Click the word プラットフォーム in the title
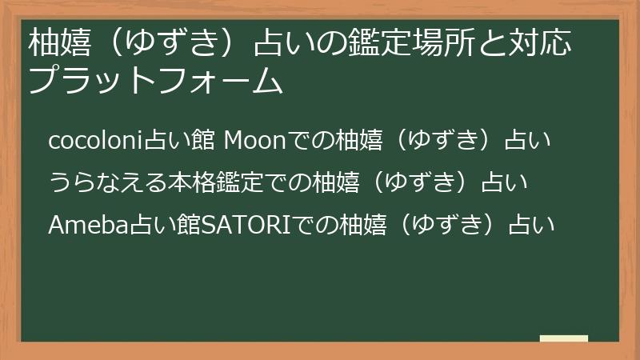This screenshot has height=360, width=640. (155, 81)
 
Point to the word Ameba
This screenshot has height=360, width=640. (89, 225)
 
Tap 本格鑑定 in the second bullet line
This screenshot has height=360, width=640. (214, 182)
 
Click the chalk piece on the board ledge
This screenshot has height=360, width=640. (564, 338)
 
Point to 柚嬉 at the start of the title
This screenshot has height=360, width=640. (59, 42)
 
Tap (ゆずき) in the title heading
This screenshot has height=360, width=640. (172, 42)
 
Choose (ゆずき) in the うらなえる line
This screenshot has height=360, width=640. (421, 182)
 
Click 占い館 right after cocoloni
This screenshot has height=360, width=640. (180, 140)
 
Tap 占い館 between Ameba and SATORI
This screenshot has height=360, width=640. (166, 225)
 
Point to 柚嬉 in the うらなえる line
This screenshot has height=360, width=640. (335, 182)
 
